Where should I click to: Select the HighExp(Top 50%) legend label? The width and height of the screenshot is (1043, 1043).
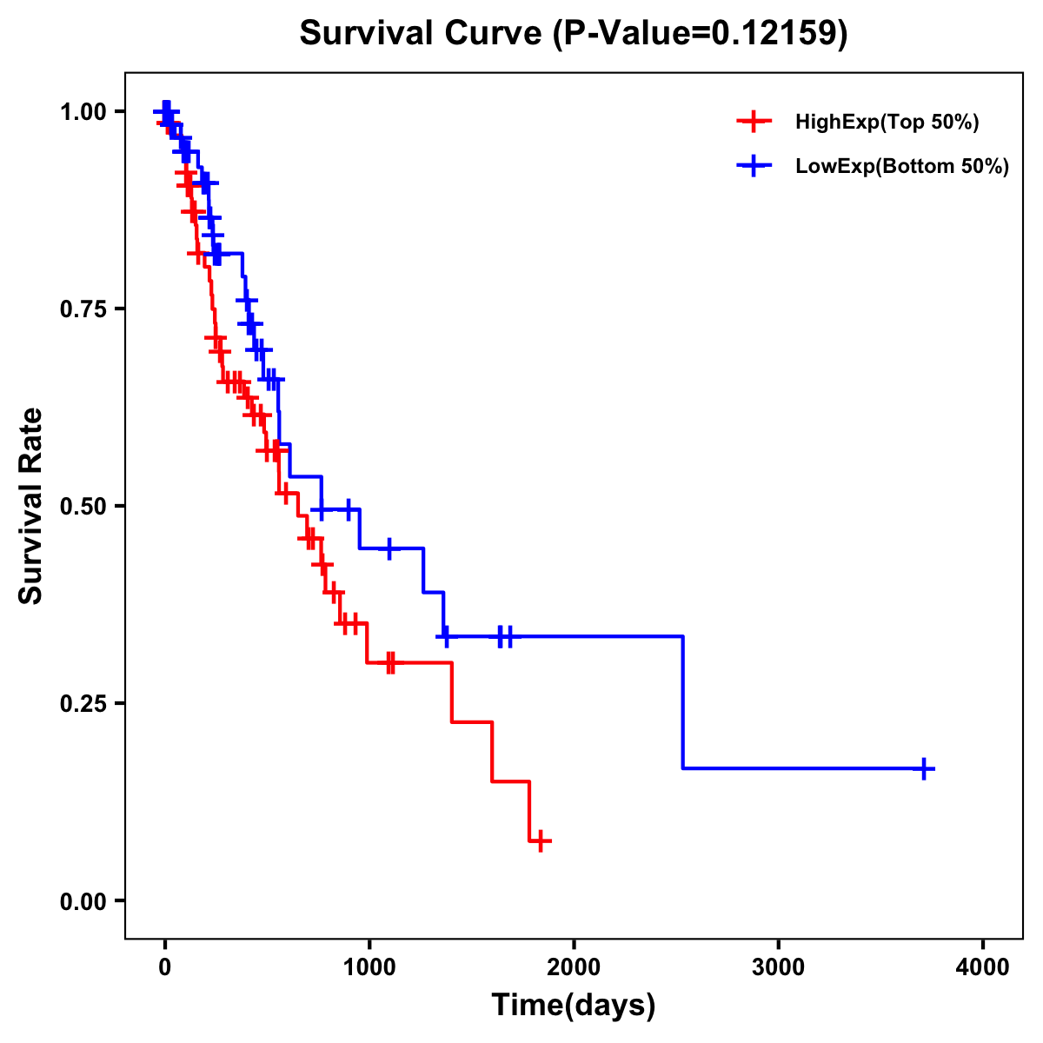887,123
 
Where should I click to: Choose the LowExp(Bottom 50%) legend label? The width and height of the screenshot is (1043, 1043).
902,167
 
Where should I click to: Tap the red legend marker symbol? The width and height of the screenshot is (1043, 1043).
754,123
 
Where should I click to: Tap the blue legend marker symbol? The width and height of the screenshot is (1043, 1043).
754,167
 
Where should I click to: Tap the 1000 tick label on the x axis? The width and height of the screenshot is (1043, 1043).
369,967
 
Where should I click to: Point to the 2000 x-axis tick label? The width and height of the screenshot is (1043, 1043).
574,967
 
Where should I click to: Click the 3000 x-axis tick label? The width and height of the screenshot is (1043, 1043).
778,967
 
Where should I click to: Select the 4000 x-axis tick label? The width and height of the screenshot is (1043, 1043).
983,967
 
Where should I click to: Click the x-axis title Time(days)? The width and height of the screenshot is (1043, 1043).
574,1006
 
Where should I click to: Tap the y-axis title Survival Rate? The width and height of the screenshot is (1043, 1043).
31,506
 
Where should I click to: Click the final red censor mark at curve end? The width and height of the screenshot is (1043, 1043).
540,841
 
